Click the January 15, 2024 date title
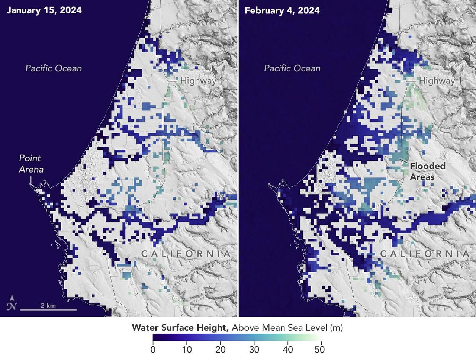44,10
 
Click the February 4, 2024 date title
282,10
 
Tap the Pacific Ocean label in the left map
54,68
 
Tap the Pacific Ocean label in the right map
292,68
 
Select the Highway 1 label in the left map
198,80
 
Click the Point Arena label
31,164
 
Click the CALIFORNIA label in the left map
186,254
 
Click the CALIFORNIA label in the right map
424,254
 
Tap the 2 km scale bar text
48,305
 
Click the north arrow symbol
12,303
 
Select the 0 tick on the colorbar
153,350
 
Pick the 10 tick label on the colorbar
187,350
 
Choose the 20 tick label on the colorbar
221,350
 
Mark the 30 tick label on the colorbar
254,350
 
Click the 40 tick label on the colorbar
288,350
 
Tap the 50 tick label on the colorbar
319,350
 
